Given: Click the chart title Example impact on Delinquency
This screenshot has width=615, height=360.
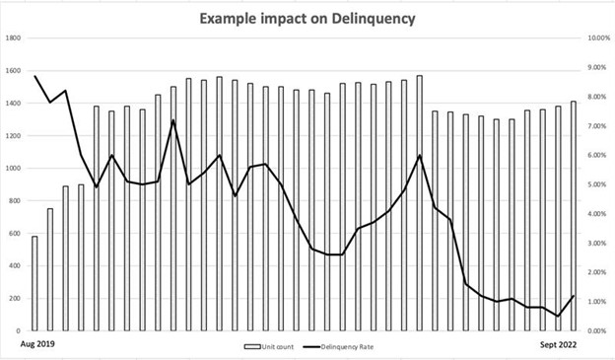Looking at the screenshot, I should pos(306,18).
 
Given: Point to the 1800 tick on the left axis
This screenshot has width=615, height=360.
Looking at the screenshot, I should pos(14,38).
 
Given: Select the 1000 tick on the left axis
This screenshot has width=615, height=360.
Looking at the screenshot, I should pos(14,169).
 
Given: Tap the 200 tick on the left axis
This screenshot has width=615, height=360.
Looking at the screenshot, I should pos(16,299).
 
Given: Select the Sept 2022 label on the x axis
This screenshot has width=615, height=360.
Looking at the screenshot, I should pos(571,345).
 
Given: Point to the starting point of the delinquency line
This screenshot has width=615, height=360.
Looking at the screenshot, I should pos(34,76).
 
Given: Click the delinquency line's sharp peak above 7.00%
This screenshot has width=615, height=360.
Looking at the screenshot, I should pos(173,120).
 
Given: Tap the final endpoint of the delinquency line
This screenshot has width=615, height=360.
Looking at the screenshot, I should pos(574,296).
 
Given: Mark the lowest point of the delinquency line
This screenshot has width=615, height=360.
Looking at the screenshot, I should pos(559,317).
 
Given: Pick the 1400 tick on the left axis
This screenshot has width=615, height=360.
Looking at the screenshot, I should pos(14,104).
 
